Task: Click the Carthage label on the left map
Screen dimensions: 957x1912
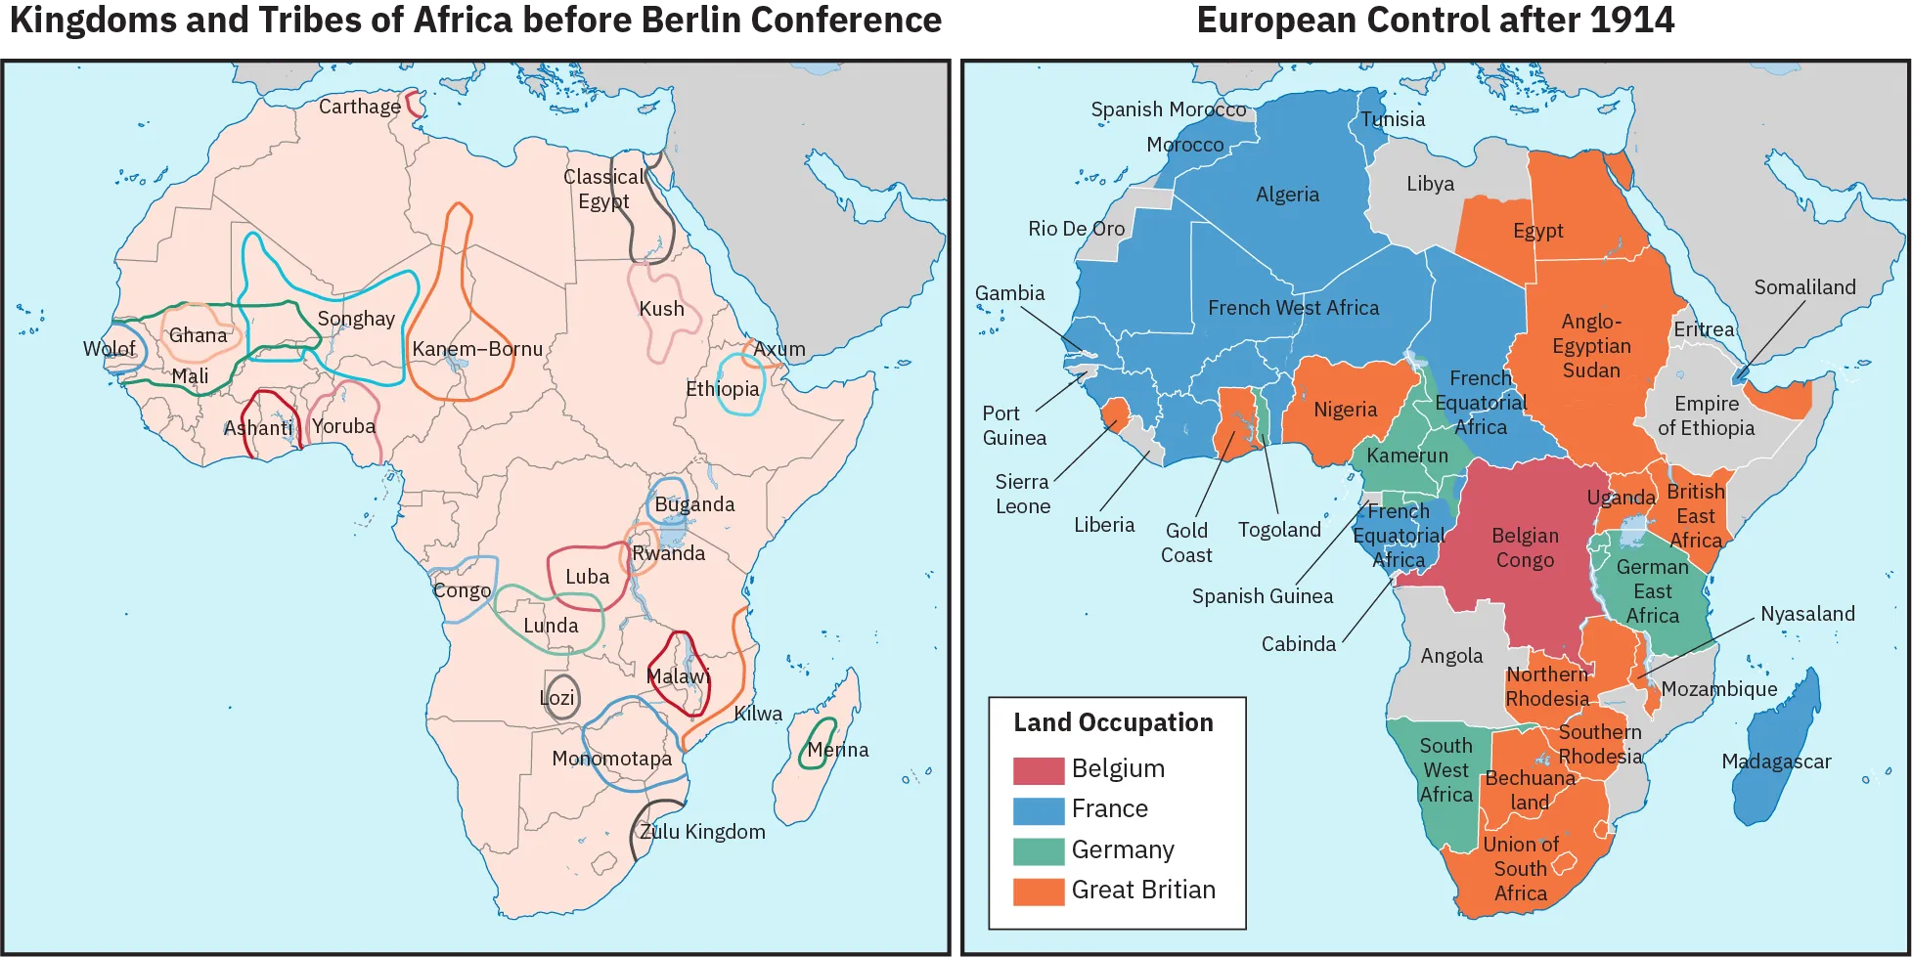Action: pos(359,107)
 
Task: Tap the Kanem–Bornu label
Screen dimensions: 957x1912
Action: pos(476,349)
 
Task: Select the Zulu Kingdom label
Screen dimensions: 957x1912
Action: pos(701,832)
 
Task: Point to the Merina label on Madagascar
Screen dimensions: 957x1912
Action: pos(837,750)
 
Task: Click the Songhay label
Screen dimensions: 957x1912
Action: pos(356,319)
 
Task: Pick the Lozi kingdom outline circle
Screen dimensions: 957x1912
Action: pos(560,697)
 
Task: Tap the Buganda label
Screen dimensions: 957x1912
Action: pos(694,504)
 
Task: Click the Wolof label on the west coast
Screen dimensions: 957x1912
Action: pos(109,349)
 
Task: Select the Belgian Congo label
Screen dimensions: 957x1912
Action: pos(1524,547)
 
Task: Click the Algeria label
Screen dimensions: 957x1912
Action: pos(1287,195)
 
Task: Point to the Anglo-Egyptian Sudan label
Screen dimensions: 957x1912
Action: pos(1591,346)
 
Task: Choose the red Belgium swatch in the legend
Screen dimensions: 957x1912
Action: pos(1038,769)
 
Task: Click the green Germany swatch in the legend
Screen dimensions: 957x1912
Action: pos(1038,850)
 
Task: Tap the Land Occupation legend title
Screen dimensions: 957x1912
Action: pos(1113,722)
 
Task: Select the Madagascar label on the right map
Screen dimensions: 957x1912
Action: pos(1775,761)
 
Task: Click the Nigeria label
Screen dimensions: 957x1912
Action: pos(1345,410)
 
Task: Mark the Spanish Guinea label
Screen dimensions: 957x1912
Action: pos(1262,596)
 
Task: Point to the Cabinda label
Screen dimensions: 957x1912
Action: pos(1298,644)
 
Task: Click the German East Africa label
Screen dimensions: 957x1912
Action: pos(1652,591)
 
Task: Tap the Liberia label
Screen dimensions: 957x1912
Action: pos(1104,525)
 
